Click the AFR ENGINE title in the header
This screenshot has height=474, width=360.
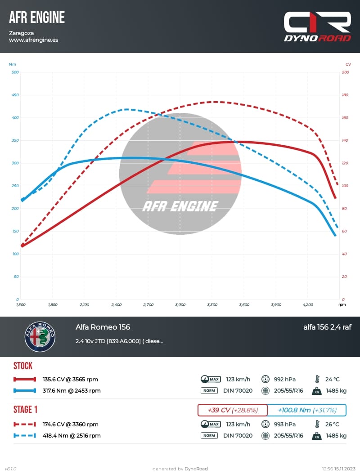(37, 18)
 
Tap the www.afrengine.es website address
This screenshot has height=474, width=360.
(33, 40)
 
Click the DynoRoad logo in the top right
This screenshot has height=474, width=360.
(317, 27)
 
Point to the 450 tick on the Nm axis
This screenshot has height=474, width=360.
(15, 95)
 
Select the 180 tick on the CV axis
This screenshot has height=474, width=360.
(345, 95)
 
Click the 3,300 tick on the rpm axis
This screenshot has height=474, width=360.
(212, 304)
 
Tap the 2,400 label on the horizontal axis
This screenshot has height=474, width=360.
(116, 304)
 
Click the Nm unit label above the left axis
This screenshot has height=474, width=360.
(12, 64)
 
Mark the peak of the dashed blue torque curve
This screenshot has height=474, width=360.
(126, 109)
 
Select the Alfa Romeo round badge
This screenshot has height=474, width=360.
(40, 336)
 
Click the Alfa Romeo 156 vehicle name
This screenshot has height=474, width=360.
(103, 327)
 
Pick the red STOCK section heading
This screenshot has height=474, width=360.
(23, 366)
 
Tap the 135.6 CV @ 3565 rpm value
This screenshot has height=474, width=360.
(70, 379)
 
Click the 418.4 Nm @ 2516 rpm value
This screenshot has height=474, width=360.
(72, 435)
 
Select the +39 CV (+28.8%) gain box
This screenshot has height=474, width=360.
(232, 410)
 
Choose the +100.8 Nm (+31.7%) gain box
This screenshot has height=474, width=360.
(307, 410)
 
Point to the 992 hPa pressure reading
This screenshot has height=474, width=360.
(284, 379)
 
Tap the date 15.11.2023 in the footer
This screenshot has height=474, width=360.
(345, 469)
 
